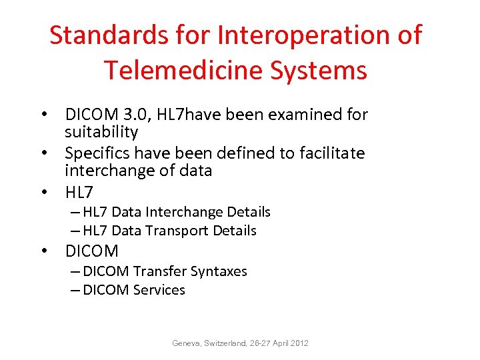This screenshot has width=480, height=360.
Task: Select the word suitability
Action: click(x=101, y=132)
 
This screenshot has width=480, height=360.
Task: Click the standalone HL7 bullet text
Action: click(x=79, y=193)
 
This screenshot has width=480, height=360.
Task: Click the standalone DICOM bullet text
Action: click(x=91, y=251)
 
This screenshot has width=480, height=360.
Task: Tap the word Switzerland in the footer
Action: click(x=229, y=343)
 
